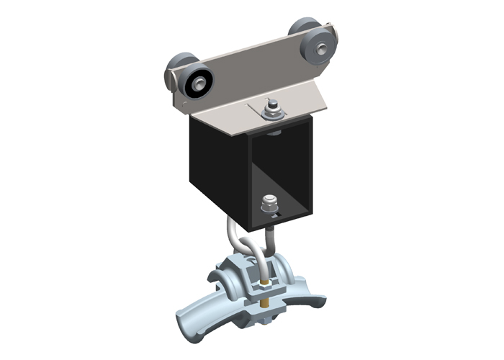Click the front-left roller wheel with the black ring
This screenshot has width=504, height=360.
tap(197, 84)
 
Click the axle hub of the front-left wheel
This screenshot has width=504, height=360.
tap(196, 85)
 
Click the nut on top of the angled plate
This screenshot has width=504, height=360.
tap(272, 109)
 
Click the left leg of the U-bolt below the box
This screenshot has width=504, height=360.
tap(230, 235)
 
